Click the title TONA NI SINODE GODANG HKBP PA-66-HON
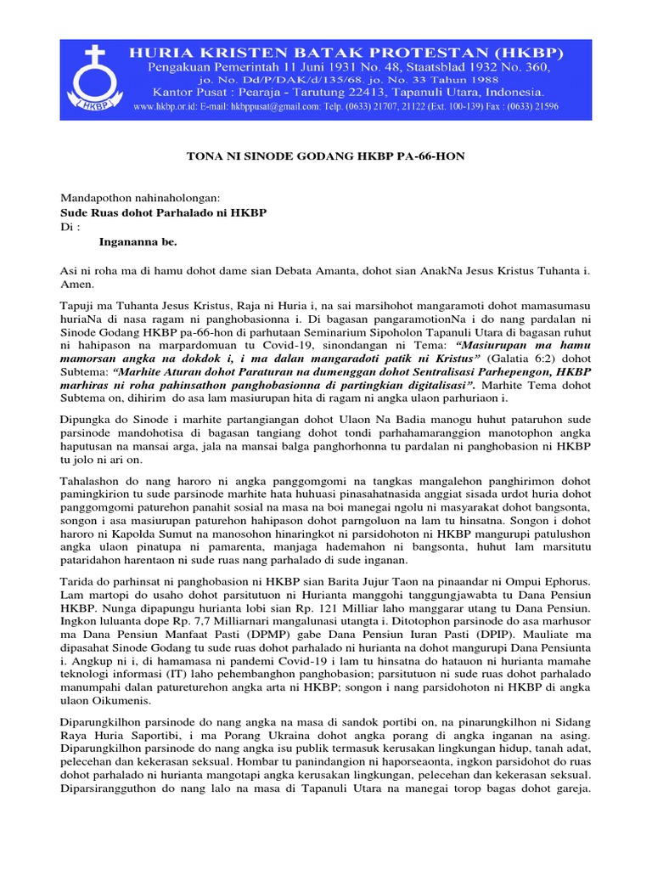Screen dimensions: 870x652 (x=325, y=158)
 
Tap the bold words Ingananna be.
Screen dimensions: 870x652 (x=138, y=242)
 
